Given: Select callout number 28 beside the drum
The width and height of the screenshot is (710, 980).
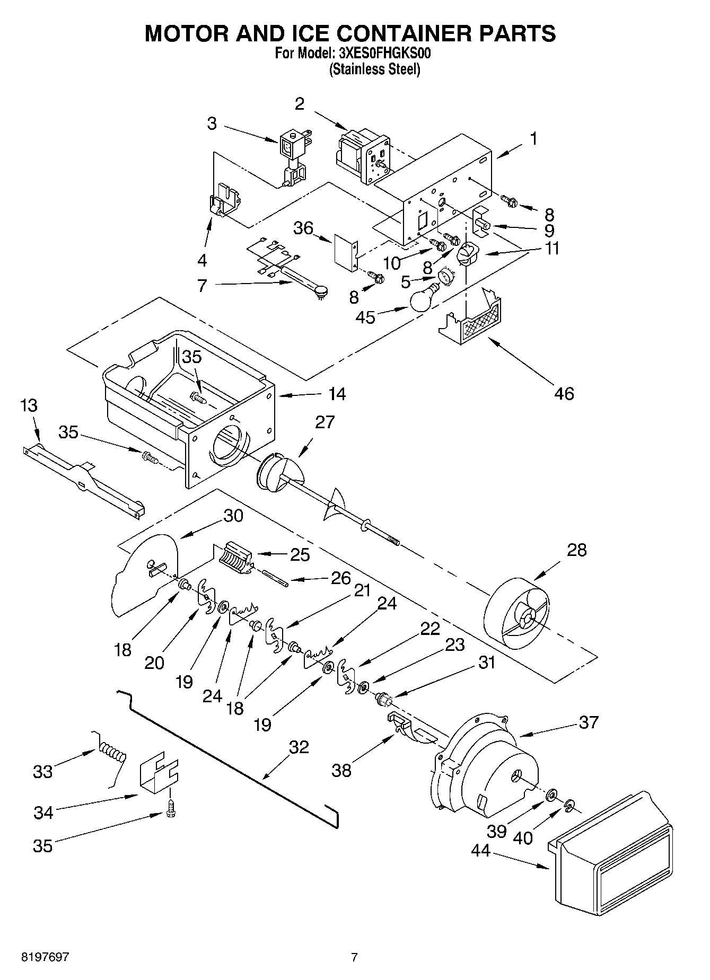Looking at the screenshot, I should click(576, 550).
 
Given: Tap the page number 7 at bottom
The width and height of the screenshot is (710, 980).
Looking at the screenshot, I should click(354, 957).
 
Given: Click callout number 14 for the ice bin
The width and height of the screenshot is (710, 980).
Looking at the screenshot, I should click(337, 394).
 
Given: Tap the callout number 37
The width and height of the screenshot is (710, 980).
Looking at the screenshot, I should click(589, 722).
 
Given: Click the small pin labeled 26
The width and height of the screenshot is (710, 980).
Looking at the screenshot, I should click(274, 577).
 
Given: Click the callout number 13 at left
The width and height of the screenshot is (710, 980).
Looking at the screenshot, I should click(29, 406).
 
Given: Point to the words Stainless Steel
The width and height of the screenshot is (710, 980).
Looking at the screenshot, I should click(374, 69).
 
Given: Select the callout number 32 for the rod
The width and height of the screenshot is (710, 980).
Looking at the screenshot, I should click(299, 747).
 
